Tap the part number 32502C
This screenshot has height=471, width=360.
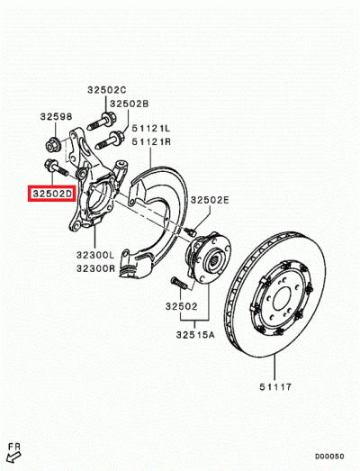[x=107, y=90]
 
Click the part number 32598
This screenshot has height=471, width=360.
[x=54, y=116]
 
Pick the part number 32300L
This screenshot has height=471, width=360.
[x=95, y=256]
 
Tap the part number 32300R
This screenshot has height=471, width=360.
[x=95, y=267]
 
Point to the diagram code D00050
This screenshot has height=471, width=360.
[x=330, y=456]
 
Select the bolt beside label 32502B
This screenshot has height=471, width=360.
[x=115, y=139]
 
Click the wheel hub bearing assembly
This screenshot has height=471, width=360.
[x=211, y=262]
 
